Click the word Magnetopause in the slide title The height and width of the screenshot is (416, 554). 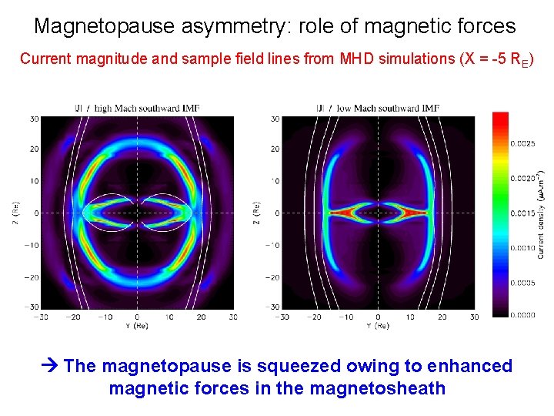[x=105, y=26]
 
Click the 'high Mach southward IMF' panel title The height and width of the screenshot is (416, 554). [x=145, y=109]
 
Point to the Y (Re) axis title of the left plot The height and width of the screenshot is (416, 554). [x=137, y=326]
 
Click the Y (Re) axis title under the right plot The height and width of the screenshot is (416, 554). [x=378, y=326]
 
